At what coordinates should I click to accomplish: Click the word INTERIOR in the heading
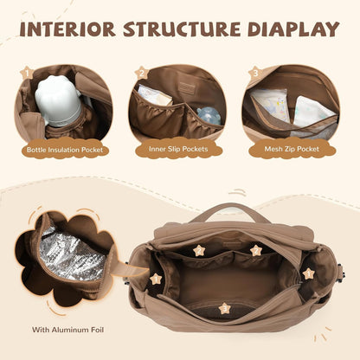coord(67,29)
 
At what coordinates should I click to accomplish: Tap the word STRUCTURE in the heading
coord(182,29)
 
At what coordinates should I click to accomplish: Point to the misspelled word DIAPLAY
coord(293,29)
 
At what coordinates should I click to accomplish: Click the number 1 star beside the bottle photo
coord(27,73)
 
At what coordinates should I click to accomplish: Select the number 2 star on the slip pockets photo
coord(142,74)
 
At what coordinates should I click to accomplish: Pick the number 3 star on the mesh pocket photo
coord(255,73)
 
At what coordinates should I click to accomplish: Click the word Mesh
coord(273,149)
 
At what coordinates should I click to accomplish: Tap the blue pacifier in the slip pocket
coord(209,116)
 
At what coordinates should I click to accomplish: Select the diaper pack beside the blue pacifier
coord(155,96)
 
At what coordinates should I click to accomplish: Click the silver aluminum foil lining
coord(72,255)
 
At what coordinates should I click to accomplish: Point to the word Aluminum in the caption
coord(69,330)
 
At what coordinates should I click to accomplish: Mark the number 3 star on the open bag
coord(225,309)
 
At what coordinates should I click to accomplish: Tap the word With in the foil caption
coord(41,330)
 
